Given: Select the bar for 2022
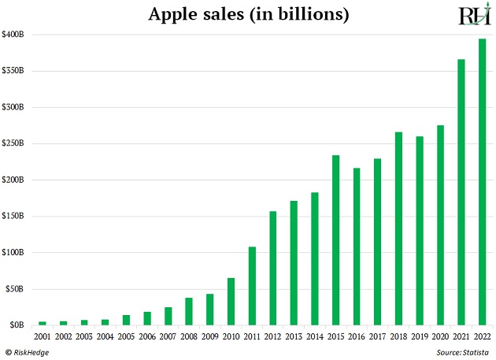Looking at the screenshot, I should pos(482,181).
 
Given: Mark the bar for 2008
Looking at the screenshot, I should pos(190,311).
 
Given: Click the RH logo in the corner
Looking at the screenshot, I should pos(474,16).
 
